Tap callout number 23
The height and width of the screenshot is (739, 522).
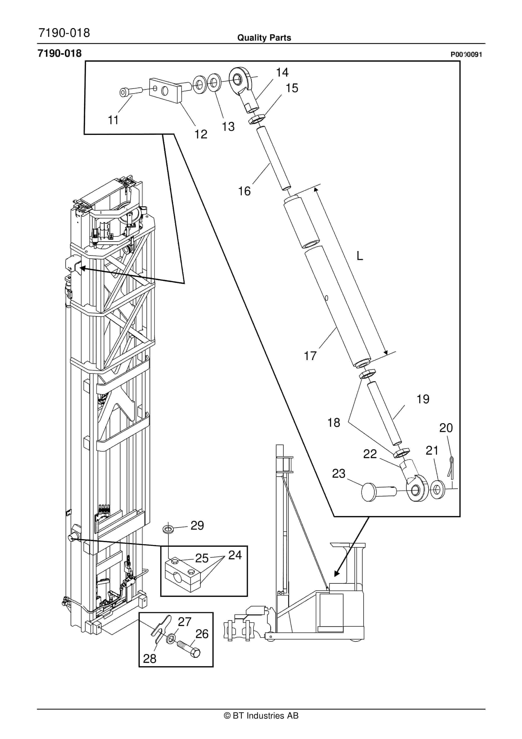pos(339,474)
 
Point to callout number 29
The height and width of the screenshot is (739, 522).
pos(197,526)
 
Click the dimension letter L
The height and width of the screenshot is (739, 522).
pos(360,256)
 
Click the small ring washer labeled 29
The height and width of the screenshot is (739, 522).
pos(168,529)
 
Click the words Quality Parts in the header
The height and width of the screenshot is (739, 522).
pos(264,38)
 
